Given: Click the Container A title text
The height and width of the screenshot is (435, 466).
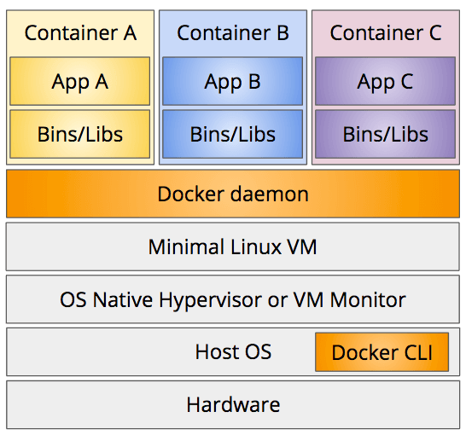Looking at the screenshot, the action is pos(80,32).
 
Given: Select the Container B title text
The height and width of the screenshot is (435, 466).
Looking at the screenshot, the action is pos(233,32).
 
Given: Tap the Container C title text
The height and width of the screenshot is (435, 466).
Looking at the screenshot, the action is pos(386,32).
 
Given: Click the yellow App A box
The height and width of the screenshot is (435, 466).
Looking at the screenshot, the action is pos(80,81).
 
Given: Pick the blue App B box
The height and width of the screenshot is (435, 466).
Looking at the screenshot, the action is pos(233,81).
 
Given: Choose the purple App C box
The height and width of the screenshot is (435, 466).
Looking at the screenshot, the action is pos(386,81).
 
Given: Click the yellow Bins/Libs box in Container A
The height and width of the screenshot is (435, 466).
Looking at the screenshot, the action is pos(80,134).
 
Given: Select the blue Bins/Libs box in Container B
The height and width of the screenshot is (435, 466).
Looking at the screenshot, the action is pos(233,134).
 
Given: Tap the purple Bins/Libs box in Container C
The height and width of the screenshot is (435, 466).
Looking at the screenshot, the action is pos(386,134).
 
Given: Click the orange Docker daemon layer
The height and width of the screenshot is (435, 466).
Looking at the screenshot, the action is pos(233,194).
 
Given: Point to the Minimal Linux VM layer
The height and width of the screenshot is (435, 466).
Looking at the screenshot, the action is pos(233,246).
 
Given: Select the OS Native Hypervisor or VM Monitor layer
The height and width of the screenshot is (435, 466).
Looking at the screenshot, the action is pos(233,299).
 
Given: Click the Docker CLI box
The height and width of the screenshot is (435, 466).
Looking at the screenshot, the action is pos(382,352).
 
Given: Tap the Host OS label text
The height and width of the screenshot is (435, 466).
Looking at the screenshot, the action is pos(233,352).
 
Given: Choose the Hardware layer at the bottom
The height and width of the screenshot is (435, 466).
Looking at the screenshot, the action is pos(233,404).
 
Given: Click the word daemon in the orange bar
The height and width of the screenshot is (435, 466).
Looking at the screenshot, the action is pos(270,194).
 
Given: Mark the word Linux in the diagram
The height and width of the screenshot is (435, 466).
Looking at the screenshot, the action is pos(256,246).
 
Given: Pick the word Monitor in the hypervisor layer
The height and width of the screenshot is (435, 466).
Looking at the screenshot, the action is pos(368,299).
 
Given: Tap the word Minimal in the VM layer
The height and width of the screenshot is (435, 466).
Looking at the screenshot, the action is pos(186,246).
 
